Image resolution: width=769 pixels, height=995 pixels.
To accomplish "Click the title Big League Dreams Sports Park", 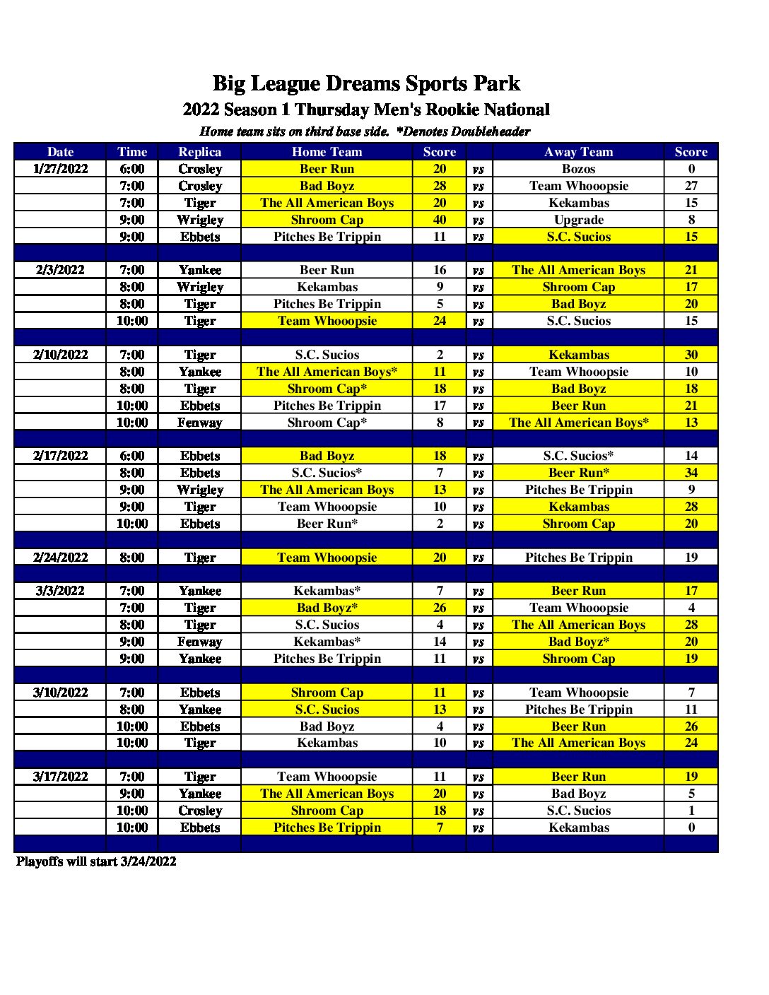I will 366,83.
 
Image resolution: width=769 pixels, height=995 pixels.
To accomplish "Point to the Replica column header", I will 199,152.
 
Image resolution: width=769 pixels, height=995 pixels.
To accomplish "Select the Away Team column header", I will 578,152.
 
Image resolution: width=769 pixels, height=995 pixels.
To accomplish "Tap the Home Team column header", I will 327,152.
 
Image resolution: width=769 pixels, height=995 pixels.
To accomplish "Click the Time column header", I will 132,152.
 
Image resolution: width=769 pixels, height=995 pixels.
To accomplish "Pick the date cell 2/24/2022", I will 60,558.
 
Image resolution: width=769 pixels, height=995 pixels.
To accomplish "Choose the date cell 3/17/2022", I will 60,777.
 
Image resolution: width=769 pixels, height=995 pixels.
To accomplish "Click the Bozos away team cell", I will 578,169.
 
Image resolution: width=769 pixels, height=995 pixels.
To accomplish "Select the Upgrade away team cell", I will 578,220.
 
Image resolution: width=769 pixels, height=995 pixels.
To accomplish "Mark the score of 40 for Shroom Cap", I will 440,220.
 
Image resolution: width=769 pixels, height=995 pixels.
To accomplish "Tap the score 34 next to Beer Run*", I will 691,473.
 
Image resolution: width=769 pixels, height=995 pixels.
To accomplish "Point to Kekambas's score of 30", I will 691,355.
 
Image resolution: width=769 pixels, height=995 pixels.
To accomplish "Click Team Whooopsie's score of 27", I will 691,186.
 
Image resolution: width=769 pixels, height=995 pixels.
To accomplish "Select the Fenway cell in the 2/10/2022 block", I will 199,423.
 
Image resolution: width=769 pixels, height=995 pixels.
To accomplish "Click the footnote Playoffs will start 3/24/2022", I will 96,861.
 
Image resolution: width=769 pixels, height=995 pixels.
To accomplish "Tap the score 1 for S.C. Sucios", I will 691,811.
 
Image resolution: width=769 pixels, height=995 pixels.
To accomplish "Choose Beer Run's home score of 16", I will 440,270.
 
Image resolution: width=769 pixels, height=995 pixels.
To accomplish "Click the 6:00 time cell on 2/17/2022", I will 132,456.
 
